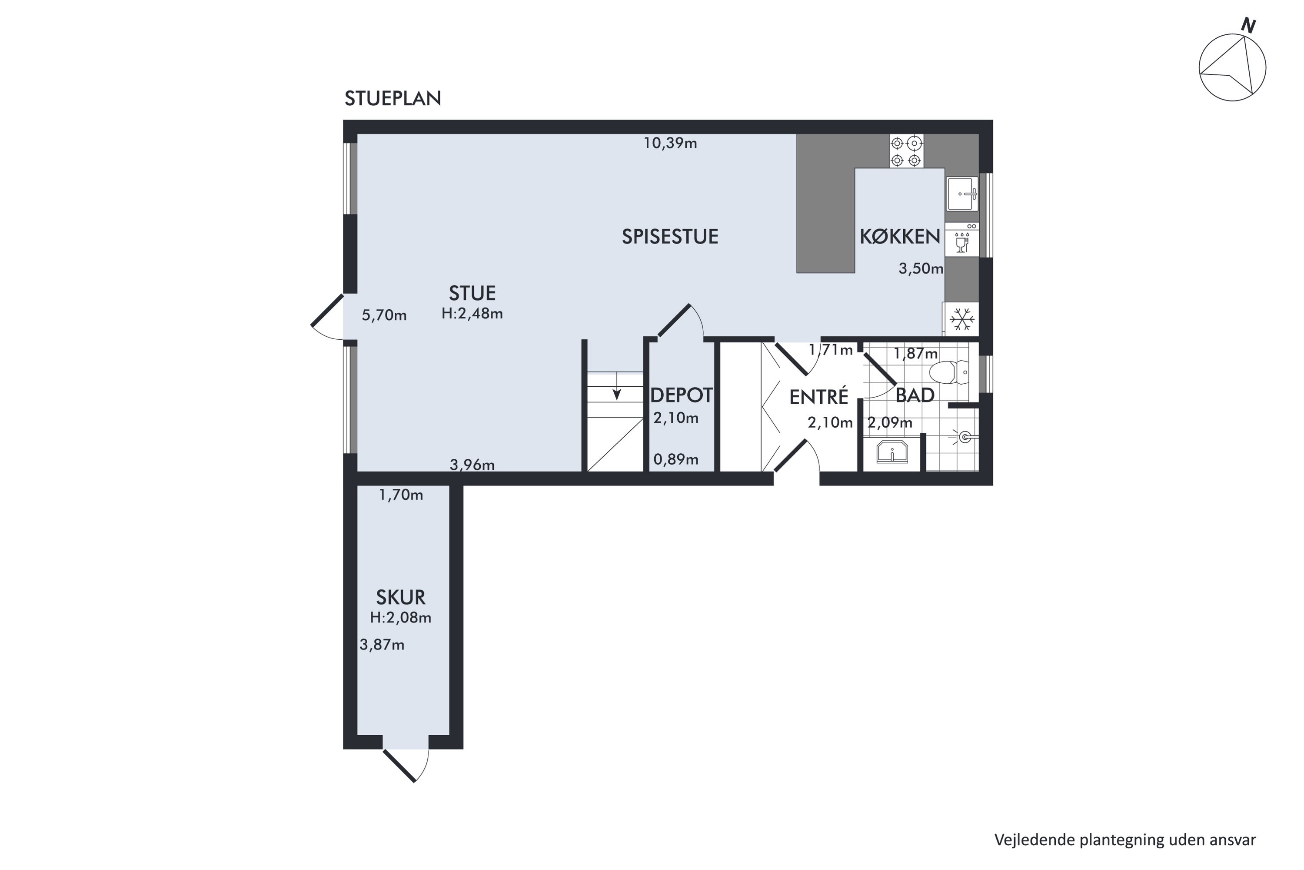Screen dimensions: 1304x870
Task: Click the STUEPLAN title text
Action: (393, 98)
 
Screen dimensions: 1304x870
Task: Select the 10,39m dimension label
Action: (670, 143)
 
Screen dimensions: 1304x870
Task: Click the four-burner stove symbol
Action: (906, 151)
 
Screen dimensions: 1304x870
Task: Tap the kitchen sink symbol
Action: (962, 194)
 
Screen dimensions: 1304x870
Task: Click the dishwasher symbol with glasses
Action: (962, 240)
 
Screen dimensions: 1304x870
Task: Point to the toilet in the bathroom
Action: (949, 372)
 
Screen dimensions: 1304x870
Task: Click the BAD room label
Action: (915, 395)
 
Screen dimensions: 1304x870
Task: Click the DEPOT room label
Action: (682, 395)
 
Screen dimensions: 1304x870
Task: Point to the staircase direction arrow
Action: (616, 386)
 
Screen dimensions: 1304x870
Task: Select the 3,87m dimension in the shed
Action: (382, 645)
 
